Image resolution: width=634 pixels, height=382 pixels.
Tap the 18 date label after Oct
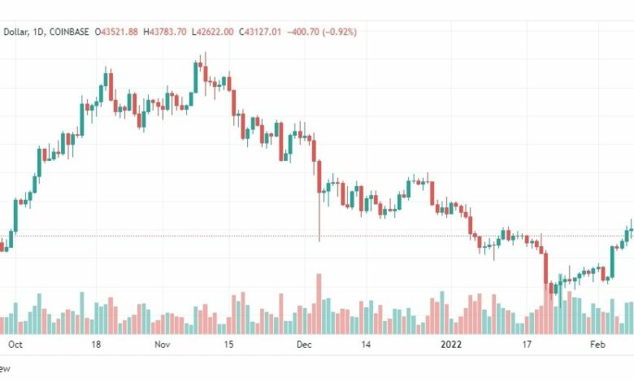coord(96,345)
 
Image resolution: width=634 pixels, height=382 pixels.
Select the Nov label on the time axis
coord(162,345)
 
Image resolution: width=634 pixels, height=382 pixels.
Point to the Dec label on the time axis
coord(304,345)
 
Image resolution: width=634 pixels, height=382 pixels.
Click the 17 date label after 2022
coord(527,345)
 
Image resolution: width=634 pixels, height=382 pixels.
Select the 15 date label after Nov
coord(229,345)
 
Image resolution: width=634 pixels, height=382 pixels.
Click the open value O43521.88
coord(117,32)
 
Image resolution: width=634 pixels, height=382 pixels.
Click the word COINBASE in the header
coord(69,32)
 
